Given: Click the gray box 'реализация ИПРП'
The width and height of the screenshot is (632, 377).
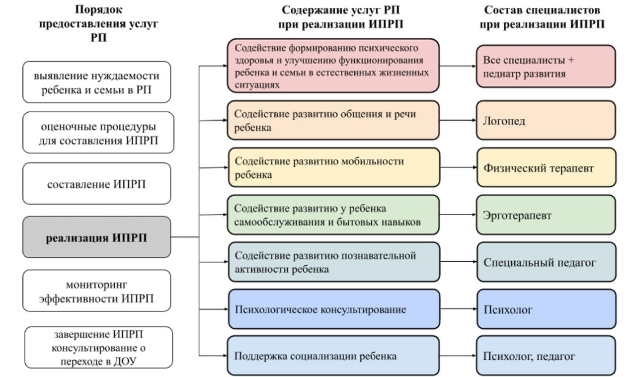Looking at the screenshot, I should pos(97,237).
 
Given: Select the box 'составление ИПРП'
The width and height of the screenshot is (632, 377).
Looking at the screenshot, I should pos(97,184).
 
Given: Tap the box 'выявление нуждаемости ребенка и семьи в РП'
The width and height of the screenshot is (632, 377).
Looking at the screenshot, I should pos(97,82).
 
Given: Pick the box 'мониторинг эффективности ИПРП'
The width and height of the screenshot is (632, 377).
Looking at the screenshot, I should pos(97,291).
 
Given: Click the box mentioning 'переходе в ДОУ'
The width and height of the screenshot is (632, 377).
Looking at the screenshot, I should pos(99,347).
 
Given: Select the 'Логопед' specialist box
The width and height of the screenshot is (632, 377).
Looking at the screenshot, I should pos(546,121).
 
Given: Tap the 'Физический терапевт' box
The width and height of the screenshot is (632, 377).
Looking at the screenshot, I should pos(546,168).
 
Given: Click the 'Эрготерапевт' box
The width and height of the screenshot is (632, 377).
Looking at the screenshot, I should pos(546,216).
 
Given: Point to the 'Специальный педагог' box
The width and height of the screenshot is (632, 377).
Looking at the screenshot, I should pos(546,262).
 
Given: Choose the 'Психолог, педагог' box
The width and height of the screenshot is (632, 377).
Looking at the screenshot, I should pos(546,356).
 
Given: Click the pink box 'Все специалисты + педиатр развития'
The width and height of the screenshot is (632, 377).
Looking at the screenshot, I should pos(546,67).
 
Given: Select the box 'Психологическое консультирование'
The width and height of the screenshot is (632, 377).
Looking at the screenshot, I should pos(333,309).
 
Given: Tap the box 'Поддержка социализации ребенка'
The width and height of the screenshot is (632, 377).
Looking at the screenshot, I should pos(333,356).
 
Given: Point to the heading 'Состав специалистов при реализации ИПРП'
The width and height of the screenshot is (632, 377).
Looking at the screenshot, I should pos(542,17).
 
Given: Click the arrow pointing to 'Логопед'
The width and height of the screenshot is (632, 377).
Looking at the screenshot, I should pos(458,120).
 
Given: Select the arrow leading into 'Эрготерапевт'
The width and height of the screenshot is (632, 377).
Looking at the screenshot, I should pos(458,215).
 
